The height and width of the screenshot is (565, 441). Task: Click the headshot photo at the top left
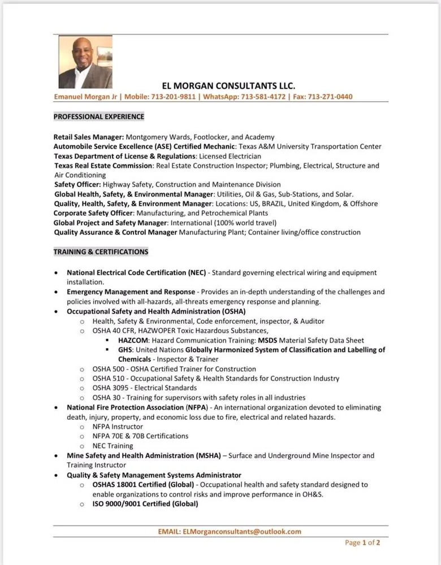click(x=85, y=62)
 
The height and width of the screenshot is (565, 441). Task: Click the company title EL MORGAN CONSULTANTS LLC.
click(x=228, y=86)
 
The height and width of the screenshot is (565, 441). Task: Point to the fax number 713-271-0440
click(x=330, y=97)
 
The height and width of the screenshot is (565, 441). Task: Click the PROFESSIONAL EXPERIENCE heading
click(x=99, y=117)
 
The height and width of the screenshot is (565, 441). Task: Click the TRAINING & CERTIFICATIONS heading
click(x=101, y=251)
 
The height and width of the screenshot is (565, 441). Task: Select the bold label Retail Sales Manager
click(x=88, y=137)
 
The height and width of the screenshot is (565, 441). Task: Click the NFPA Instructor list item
click(x=118, y=427)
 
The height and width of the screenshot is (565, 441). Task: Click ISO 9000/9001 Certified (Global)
click(x=145, y=503)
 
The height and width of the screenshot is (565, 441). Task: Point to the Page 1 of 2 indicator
click(x=362, y=543)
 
